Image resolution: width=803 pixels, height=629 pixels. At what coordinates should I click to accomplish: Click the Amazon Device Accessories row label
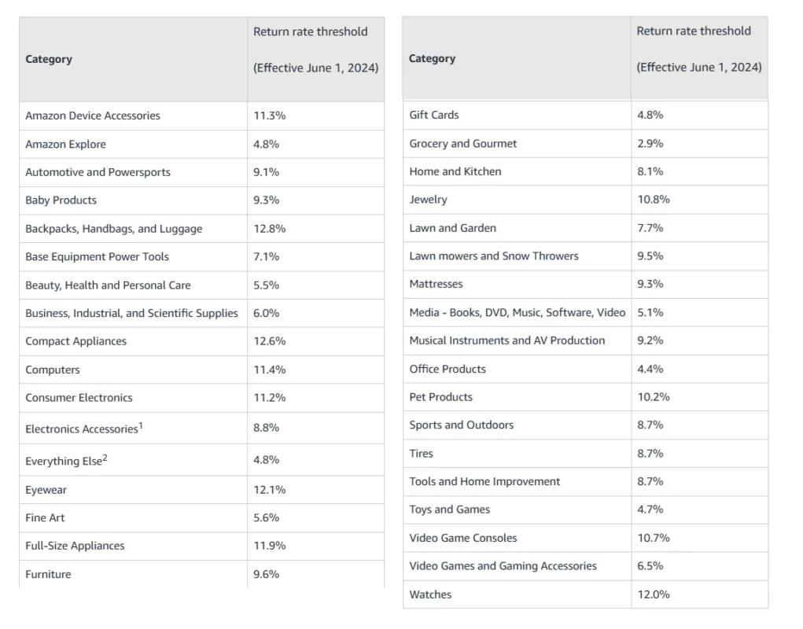[93, 116]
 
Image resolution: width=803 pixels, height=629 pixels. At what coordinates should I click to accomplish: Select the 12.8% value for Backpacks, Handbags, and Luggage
[269, 229]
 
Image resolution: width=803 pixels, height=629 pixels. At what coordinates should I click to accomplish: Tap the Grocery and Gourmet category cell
[463, 143]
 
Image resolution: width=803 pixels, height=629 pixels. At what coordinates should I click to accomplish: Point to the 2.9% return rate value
[650, 143]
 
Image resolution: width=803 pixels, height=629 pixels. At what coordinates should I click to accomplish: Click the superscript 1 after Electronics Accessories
[141, 425]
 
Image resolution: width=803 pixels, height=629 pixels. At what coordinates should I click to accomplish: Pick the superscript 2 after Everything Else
[105, 458]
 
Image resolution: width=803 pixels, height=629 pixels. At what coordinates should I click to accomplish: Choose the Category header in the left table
[49, 59]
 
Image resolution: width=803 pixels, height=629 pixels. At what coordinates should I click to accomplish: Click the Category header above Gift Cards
[432, 58]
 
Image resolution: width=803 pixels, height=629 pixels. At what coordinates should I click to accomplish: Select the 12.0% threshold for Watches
[654, 594]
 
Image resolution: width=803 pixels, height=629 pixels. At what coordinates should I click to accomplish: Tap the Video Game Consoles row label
[463, 538]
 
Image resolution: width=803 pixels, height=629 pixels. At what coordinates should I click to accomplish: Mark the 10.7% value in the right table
[654, 538]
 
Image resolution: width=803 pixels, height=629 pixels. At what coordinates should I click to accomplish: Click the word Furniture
[48, 574]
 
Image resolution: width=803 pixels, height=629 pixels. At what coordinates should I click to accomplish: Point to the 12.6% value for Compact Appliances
[269, 341]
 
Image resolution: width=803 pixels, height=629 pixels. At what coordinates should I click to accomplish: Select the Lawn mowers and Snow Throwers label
[494, 256]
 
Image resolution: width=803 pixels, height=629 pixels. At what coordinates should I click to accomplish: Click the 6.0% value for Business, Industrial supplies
[266, 313]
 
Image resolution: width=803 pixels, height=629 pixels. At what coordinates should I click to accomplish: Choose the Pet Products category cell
[441, 397]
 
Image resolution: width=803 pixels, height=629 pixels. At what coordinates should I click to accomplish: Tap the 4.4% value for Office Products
[650, 369]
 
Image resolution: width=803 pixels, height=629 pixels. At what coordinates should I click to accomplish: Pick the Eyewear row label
[46, 490]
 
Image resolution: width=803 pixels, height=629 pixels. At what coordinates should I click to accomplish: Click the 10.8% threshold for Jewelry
[654, 199]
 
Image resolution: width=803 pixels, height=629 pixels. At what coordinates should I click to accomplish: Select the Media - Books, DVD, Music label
[518, 312]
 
